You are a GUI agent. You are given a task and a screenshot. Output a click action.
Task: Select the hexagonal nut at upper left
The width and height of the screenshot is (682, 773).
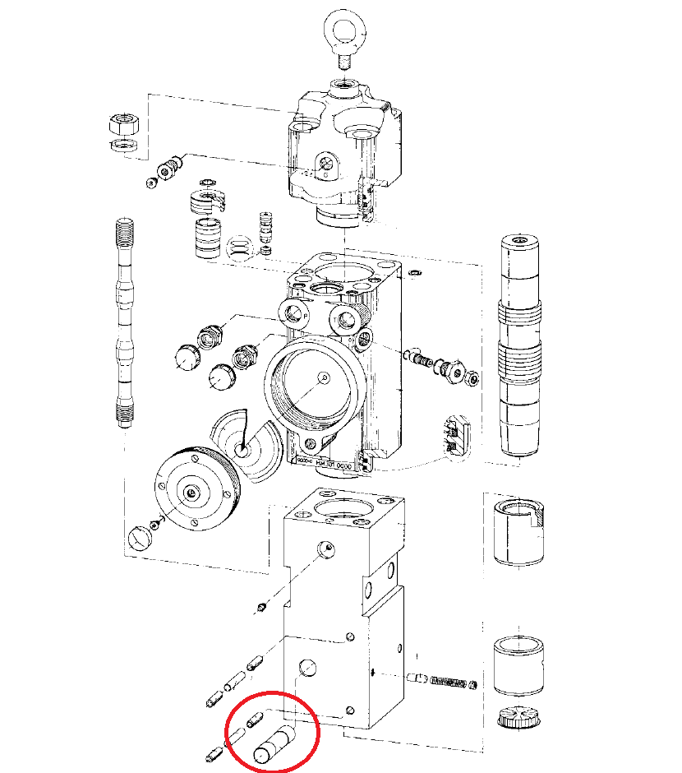123,126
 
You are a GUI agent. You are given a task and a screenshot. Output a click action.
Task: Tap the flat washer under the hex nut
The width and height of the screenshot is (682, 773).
124,146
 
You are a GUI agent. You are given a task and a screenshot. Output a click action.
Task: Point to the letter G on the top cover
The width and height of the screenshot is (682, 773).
325,174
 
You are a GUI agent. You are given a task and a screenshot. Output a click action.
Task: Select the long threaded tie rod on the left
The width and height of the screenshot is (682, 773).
123,321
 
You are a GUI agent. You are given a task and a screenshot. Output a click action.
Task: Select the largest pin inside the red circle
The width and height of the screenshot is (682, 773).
275,743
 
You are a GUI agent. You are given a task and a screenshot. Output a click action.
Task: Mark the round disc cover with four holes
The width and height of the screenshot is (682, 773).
191,491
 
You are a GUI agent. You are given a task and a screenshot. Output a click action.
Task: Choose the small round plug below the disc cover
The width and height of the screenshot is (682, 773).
141,539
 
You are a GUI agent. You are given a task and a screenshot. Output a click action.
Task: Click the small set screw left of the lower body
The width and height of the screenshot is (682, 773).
261,607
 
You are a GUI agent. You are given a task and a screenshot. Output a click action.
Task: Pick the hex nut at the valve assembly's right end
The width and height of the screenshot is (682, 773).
473,378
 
